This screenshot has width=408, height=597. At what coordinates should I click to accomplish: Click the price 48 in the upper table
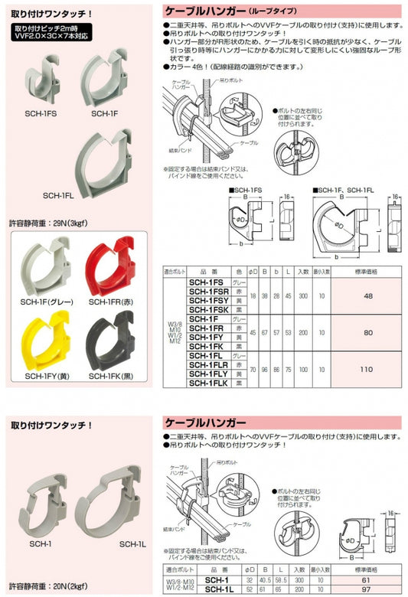click(x=367, y=295)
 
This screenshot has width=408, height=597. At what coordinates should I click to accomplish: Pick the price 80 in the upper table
click(x=367, y=332)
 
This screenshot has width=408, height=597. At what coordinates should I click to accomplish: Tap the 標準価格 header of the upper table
click(x=367, y=270)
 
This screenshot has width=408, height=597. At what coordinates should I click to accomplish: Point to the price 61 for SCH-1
click(x=367, y=581)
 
